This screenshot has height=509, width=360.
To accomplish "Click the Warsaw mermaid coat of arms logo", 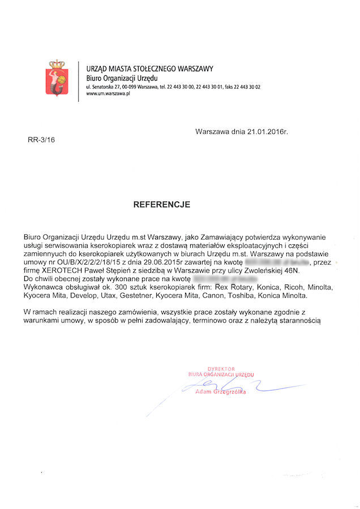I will [57, 79].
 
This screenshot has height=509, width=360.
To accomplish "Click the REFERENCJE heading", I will [162, 204].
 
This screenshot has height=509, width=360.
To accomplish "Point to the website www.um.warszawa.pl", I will [109, 94].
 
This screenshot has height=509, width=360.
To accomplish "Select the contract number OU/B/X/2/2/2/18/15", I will [88, 263].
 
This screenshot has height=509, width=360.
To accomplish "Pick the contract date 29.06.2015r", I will [164, 263].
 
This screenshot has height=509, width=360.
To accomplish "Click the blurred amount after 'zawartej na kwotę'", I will [275, 263].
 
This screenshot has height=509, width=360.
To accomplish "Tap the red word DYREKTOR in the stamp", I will [221, 368].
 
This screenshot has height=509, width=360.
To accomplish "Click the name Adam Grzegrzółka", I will [220, 392].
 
